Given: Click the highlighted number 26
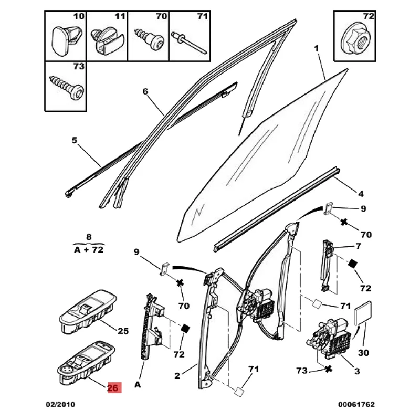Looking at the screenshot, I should coord(114,388).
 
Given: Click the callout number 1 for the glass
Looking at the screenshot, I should coord(317,49).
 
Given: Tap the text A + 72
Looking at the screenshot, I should coord(88,250).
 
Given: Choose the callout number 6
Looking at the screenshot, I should coord(145,91).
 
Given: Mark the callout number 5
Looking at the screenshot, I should coord(74,140).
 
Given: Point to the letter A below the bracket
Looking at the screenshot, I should coord(138,385).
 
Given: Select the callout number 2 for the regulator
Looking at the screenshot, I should coord(177,375).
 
